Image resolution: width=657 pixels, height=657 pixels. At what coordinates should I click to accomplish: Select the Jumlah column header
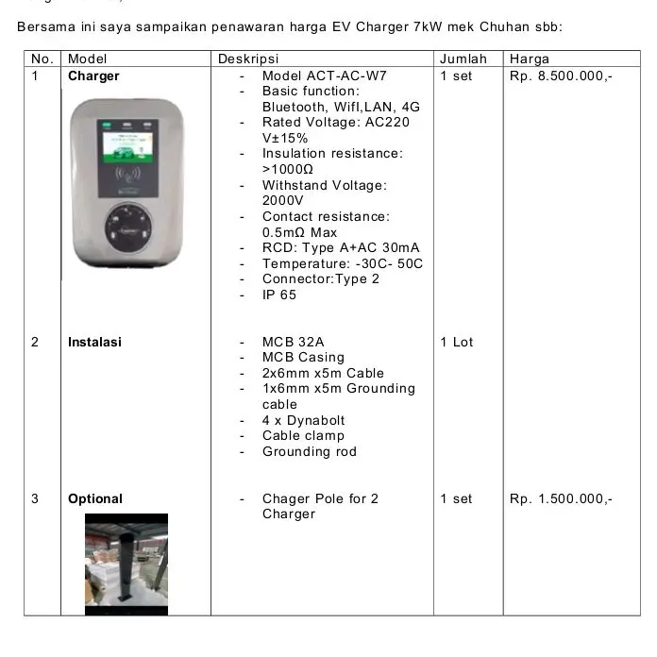click(x=463, y=59)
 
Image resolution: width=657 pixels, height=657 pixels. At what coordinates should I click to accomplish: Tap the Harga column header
click(x=529, y=59)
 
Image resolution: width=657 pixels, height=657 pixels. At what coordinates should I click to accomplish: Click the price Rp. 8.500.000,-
click(x=561, y=76)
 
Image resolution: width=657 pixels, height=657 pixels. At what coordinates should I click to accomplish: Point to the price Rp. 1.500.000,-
click(x=561, y=498)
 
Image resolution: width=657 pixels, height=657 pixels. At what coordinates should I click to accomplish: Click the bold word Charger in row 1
click(x=93, y=76)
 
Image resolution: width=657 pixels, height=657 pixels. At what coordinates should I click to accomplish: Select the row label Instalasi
click(x=94, y=342)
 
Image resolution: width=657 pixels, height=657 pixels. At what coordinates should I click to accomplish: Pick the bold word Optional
click(x=95, y=498)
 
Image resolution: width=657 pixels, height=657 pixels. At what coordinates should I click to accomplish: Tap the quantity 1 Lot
click(x=457, y=342)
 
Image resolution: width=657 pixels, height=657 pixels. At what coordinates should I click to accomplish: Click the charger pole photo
click(x=126, y=563)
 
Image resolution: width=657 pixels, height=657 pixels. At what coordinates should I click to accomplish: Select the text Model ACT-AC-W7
click(x=324, y=76)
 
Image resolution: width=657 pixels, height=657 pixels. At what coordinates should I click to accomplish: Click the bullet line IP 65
click(x=279, y=295)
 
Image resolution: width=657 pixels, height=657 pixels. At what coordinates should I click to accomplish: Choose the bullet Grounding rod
click(x=310, y=451)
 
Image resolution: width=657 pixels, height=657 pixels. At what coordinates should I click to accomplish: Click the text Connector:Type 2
click(x=321, y=278)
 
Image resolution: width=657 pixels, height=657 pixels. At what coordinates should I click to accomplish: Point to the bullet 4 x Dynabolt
click(x=304, y=420)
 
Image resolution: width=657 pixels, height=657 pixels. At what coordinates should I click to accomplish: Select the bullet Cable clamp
click(x=303, y=435)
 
